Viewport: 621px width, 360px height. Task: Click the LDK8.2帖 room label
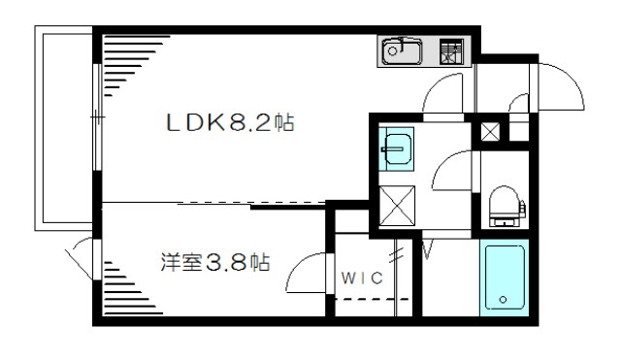229,124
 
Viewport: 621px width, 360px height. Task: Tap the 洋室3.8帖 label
214,262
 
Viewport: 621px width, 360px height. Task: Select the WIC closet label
363,278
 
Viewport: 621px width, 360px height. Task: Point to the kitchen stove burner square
452,50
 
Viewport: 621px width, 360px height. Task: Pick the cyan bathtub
504,277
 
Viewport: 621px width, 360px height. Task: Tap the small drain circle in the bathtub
503,298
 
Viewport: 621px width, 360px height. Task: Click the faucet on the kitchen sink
391,46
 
